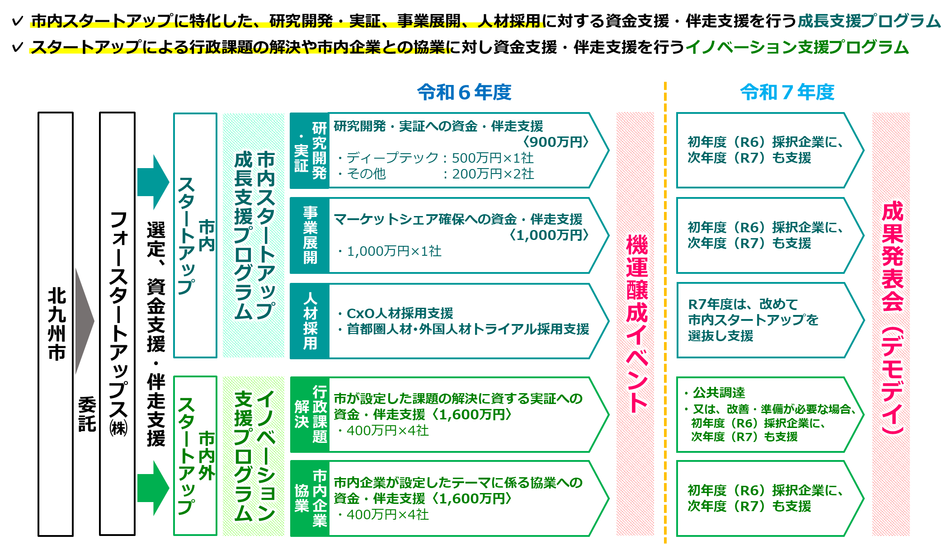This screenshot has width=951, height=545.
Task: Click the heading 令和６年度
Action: pos(464,92)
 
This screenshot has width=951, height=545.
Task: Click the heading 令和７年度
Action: pos(787,92)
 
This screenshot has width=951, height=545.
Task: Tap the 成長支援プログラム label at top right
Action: pos(869,21)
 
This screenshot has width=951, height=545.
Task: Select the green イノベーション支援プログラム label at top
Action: pos(797,47)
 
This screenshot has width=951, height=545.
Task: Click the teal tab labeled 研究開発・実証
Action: pos(310,150)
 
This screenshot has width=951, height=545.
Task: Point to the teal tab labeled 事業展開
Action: pos(310,235)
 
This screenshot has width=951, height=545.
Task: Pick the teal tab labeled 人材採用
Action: pos(310,321)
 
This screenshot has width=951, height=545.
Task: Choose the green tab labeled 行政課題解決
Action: pos(310,414)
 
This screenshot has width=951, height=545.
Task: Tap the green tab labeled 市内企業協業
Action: pos(310,498)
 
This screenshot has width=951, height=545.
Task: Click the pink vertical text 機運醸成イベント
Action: pos(636,323)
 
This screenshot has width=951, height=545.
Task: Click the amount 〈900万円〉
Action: pos(556,142)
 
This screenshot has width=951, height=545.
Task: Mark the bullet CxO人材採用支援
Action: pos(399,313)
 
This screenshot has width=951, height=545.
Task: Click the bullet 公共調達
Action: pos(718,393)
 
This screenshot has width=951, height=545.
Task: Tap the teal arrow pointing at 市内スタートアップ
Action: pos(153,182)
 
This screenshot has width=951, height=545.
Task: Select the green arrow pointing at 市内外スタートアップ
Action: pos(153,488)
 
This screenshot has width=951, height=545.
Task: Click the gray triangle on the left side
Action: pos(84,321)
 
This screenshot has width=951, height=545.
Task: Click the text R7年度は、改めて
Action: pos(743,304)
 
